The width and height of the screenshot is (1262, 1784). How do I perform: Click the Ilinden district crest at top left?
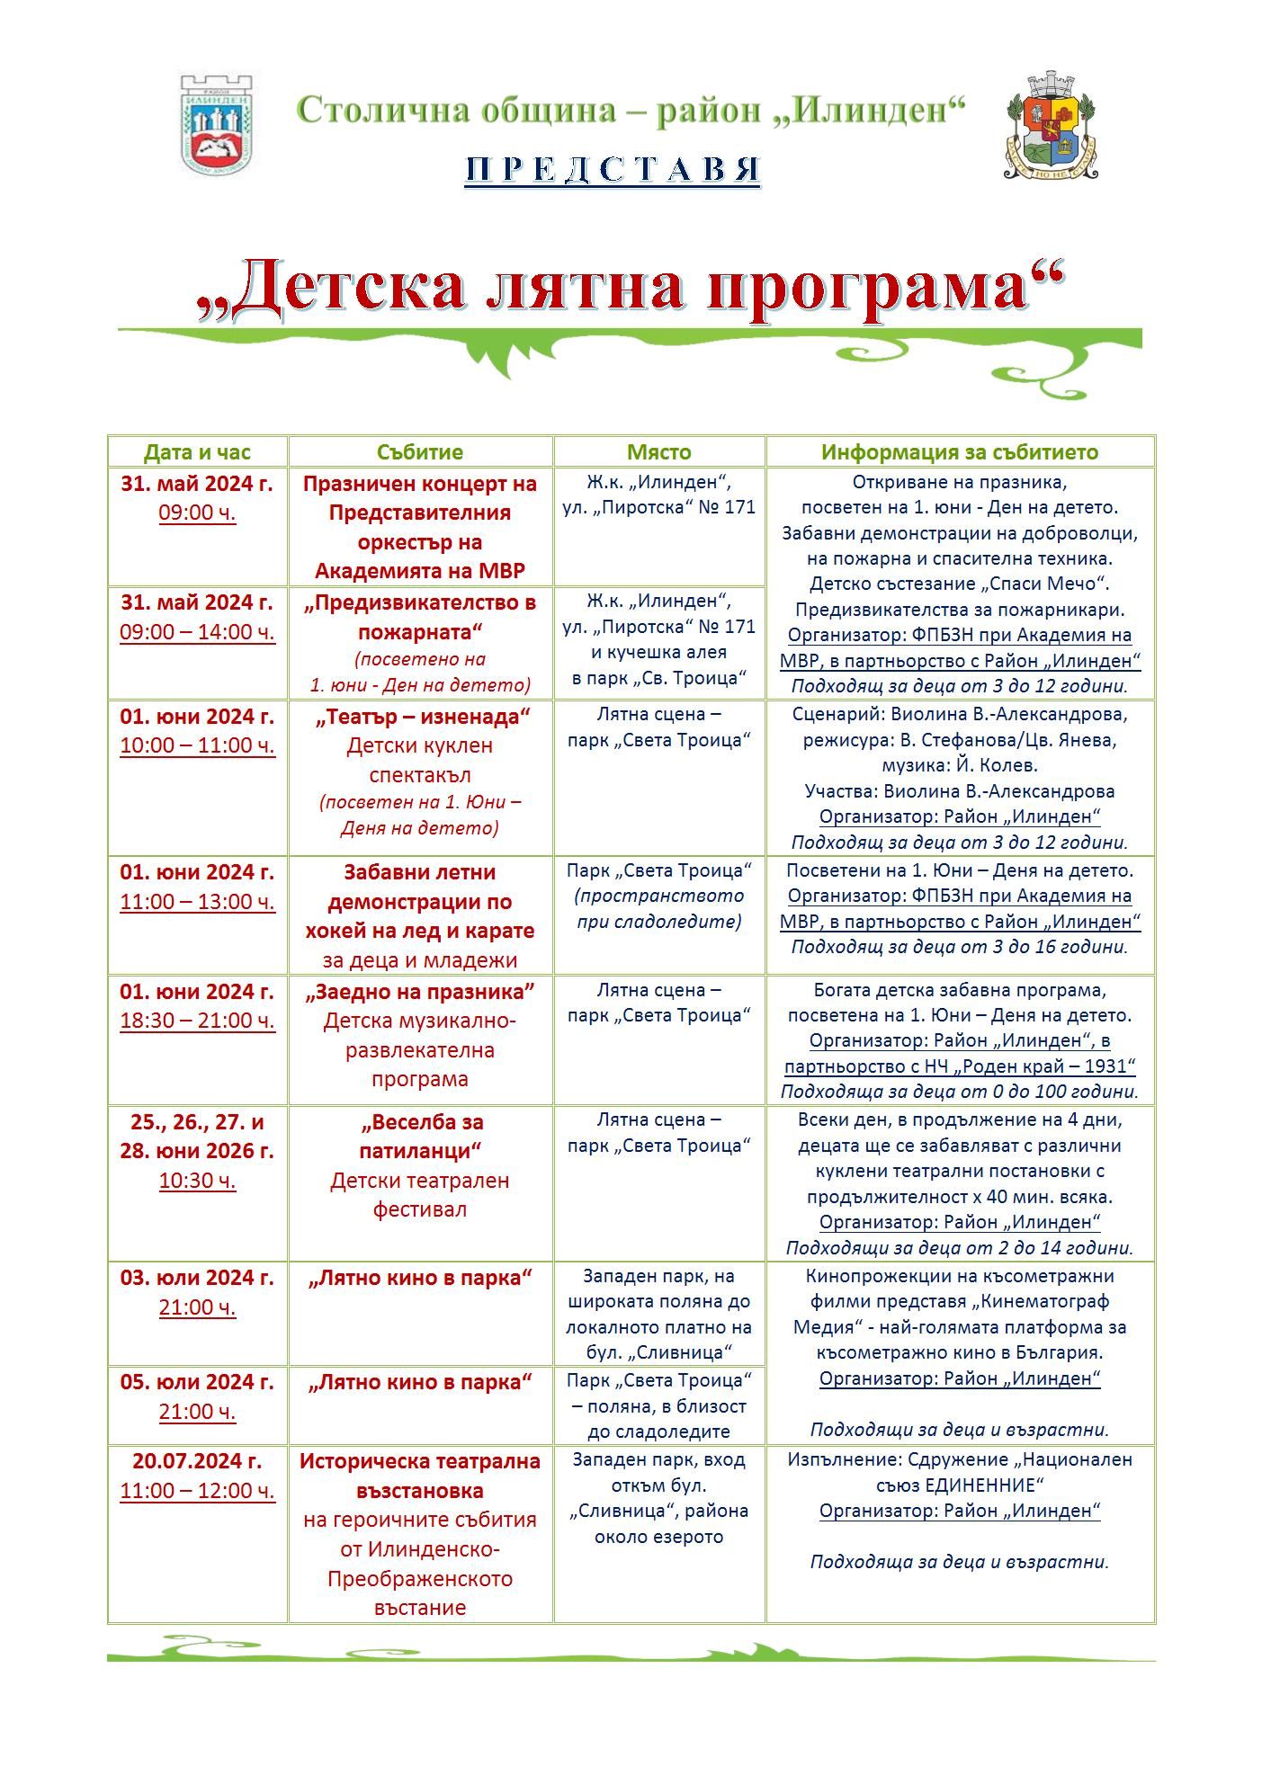[216, 123]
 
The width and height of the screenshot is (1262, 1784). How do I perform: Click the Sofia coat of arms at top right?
[1051, 125]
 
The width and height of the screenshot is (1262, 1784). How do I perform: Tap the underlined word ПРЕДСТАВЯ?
[612, 170]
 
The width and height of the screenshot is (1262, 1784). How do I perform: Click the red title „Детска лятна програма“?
[630, 289]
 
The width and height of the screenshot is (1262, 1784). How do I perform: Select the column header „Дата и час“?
[197, 452]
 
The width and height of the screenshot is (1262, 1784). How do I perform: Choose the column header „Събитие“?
[420, 452]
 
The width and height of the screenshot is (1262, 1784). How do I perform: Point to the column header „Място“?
[659, 452]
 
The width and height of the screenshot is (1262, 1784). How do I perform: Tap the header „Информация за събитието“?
[960, 452]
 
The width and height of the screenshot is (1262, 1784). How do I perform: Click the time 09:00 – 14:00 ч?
[197, 632]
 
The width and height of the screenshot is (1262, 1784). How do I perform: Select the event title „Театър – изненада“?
[420, 717]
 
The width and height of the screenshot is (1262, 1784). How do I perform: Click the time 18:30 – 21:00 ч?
[197, 1021]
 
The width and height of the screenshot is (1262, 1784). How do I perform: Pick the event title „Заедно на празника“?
[420, 992]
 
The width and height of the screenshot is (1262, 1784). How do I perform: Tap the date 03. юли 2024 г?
[197, 1278]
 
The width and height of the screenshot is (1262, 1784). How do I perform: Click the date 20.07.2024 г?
[197, 1461]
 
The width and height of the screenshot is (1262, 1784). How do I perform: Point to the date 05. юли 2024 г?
[197, 1382]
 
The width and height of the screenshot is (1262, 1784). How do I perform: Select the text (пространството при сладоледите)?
[659, 908]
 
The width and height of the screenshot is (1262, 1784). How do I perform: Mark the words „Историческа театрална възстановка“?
[420, 1476]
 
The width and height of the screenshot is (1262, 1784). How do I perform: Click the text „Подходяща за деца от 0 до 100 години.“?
[960, 1092]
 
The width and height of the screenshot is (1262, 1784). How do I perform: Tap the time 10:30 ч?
[197, 1181]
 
